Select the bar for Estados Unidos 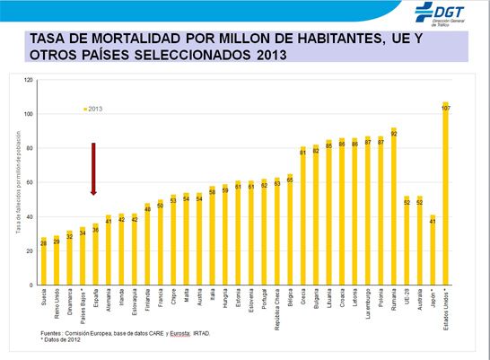click(446, 193)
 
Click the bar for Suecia click(42, 261)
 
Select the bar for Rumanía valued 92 click(394, 206)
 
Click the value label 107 click(446, 108)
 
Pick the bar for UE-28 click(407, 241)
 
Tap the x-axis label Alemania click(109, 303)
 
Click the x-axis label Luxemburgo click(368, 305)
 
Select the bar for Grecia click(303, 215)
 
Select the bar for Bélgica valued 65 click(290, 229)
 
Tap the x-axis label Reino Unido click(56, 305)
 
